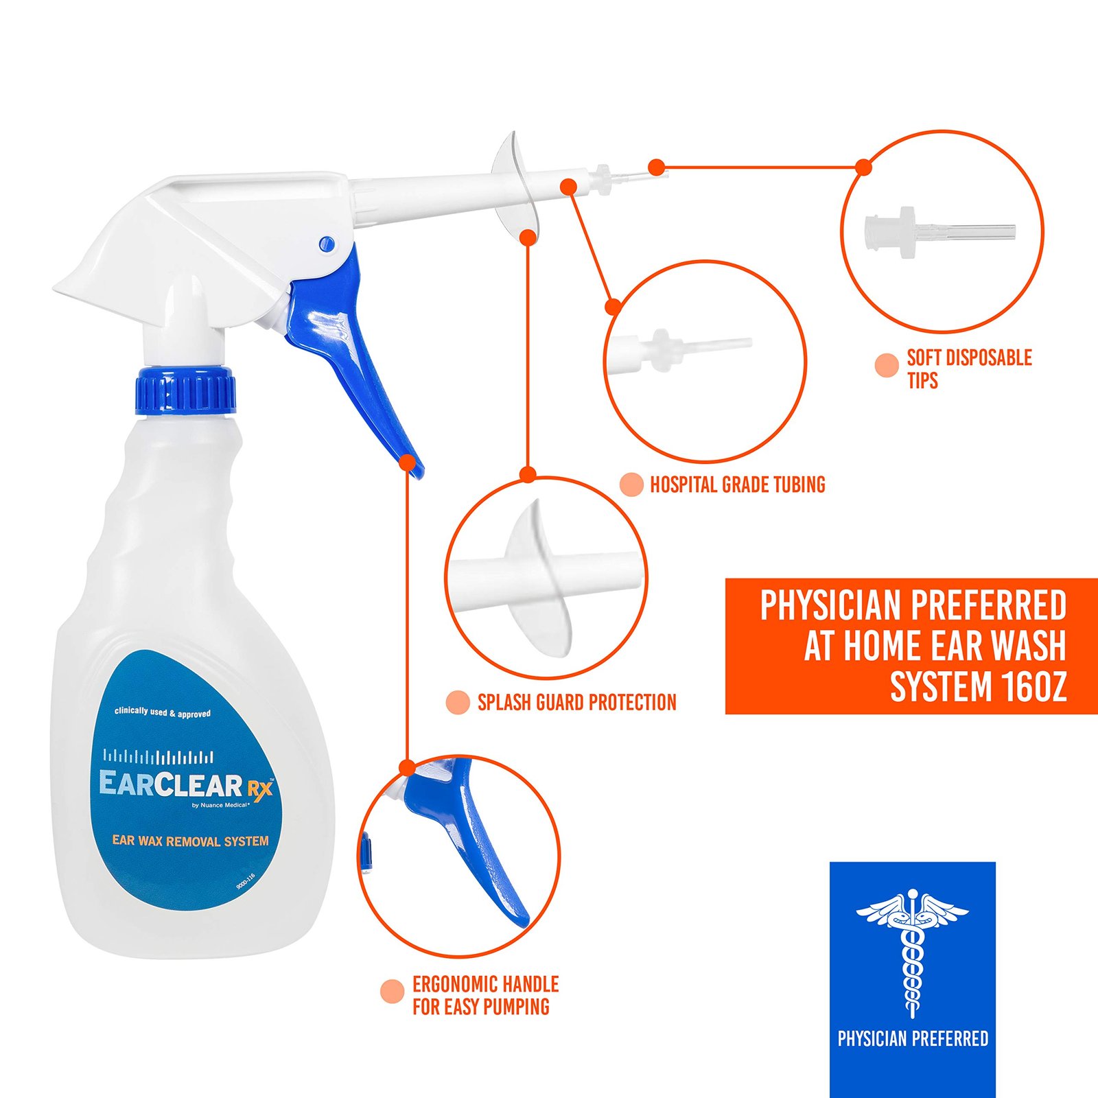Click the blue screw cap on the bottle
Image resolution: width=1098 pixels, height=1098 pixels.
point(185,391)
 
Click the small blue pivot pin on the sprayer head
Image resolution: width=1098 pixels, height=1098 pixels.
point(326,243)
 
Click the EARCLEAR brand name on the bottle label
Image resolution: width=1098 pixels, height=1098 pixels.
point(171,784)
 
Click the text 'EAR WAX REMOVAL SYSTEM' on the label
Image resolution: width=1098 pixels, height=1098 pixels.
point(190,841)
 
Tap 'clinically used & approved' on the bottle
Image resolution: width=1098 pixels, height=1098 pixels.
point(163,713)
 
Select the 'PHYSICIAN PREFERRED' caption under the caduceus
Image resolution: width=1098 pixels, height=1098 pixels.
point(913,1039)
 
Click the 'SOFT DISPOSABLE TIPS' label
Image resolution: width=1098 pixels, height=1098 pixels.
point(969,369)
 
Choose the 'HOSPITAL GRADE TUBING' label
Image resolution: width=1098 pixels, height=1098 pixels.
point(738,484)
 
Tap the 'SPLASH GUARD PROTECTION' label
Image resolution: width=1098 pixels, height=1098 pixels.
point(577,702)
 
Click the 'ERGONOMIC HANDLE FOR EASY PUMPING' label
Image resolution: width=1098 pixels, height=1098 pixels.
point(485,995)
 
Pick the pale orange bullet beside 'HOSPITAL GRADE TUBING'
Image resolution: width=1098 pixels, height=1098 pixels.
point(631,484)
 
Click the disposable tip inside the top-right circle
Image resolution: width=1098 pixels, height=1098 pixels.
point(939,230)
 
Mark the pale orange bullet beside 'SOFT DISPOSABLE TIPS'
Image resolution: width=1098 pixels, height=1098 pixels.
point(887,365)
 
